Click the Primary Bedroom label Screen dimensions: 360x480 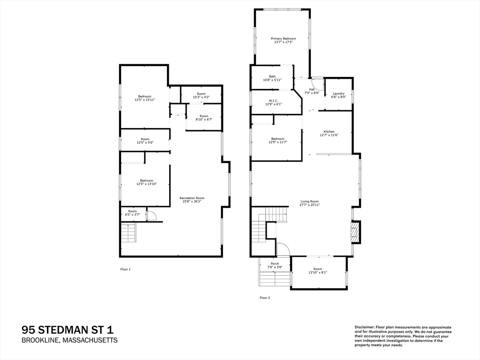click(283, 40)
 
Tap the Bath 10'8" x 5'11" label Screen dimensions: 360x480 click(272, 78)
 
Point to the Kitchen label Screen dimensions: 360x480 click(329, 134)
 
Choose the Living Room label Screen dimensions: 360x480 click(309, 203)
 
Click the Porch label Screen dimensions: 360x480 click(275, 265)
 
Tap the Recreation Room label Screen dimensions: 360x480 click(192, 200)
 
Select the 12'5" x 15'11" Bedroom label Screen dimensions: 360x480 click(144, 98)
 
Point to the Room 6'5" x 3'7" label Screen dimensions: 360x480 click(133, 213)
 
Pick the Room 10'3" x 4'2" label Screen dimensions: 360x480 click(201, 96)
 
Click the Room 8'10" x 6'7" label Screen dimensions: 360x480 click(204, 118)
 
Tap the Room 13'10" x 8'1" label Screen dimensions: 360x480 click(318, 271)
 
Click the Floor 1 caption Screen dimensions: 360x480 click(126, 269)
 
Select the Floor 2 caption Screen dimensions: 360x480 click(265, 298)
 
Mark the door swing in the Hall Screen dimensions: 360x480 click(318, 83)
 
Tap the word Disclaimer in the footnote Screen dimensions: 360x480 click(364, 327)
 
